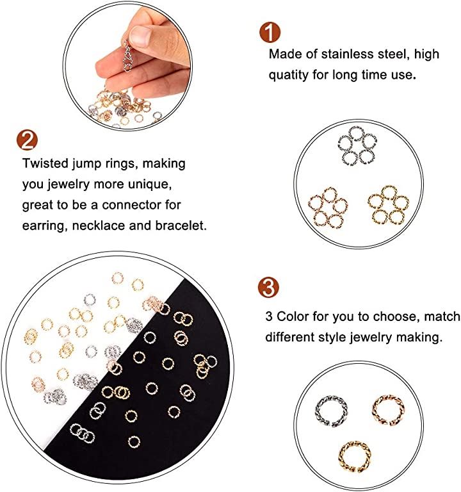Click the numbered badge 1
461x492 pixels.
pos(270,32)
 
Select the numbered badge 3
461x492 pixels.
pos(268,288)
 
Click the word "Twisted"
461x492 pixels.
pos(45,163)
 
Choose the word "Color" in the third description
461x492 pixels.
pos(293,316)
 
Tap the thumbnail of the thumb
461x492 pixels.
pos(140,35)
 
